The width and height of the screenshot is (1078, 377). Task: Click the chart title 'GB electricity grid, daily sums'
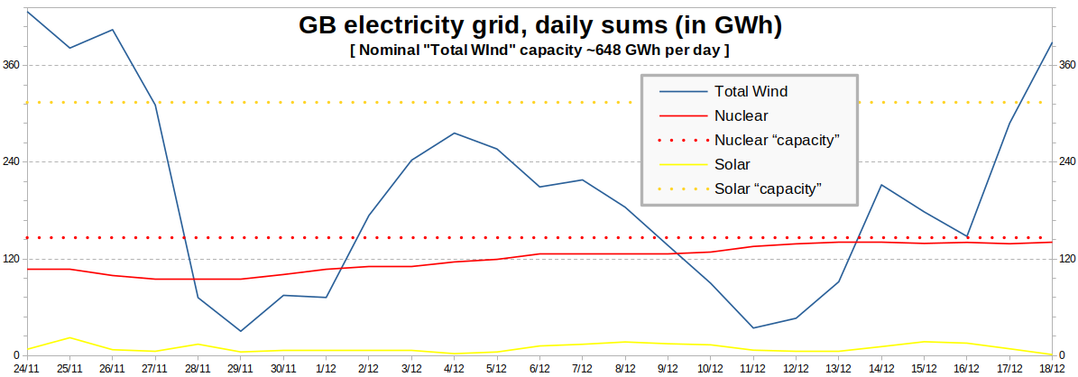(x=539, y=26)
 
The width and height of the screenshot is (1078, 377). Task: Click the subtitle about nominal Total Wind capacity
(x=539, y=51)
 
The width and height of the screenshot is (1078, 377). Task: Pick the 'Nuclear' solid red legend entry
(x=741, y=115)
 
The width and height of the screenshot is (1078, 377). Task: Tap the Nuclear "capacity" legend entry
(x=777, y=140)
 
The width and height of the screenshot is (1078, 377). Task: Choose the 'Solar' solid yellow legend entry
(x=732, y=164)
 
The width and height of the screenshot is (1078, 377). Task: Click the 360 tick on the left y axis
(x=12, y=65)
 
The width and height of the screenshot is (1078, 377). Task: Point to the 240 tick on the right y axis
(x=1066, y=161)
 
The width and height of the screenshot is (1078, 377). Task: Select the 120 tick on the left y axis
(x=12, y=258)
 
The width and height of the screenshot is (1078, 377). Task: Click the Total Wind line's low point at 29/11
(x=241, y=331)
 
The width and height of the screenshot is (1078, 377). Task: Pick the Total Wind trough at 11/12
(x=753, y=328)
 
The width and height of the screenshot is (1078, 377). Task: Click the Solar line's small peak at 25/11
(x=70, y=337)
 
